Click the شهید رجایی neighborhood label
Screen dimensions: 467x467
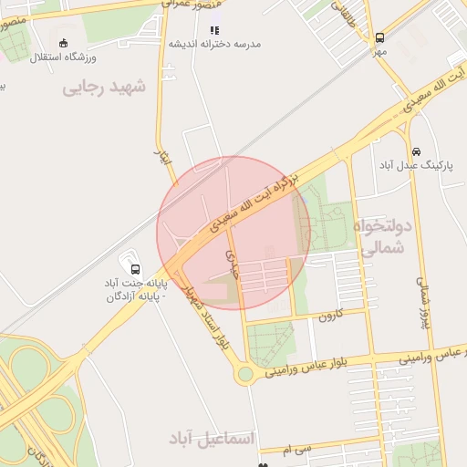click(105, 88)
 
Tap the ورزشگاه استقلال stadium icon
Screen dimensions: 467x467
click(62, 42)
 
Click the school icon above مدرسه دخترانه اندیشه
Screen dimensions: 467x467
click(214, 30)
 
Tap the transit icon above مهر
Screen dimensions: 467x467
click(379, 37)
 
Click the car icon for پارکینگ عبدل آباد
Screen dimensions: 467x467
click(416, 151)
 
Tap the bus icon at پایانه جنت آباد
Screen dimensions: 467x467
click(135, 269)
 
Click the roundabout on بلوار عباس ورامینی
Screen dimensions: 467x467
click(245, 374)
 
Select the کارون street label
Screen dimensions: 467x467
click(327, 316)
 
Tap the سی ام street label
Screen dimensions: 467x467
click(296, 450)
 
